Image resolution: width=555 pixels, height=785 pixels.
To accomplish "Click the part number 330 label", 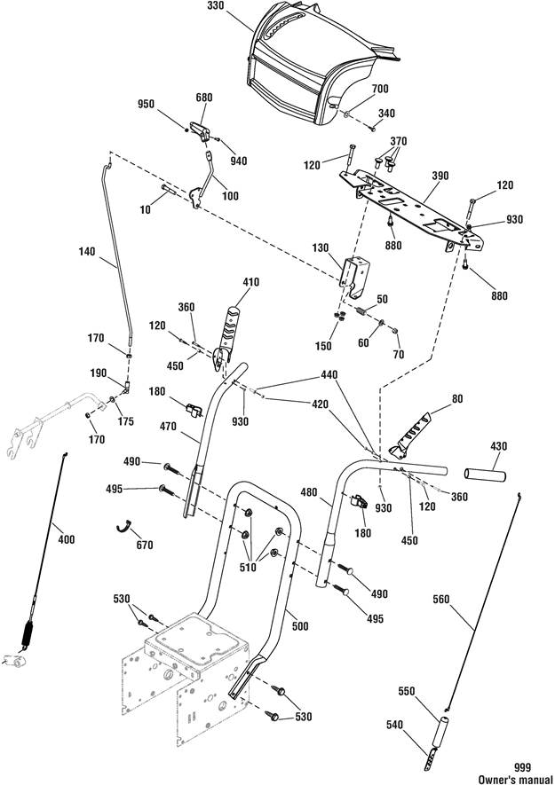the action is tap(215, 6).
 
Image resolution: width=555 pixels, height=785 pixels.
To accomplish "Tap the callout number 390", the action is tap(440, 176).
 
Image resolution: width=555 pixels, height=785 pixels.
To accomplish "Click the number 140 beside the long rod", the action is tap(87, 251).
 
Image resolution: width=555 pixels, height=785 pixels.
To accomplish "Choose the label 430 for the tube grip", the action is tap(498, 445).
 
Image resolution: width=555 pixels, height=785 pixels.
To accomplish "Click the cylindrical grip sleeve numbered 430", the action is tap(485, 474).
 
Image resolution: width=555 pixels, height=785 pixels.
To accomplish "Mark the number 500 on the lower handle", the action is tap(299, 626).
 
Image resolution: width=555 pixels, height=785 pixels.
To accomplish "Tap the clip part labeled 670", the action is tap(123, 526).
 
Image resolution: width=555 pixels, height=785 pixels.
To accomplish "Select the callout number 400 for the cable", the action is tap(67, 539).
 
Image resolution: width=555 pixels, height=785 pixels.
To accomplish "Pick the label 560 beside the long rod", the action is tap(441, 599).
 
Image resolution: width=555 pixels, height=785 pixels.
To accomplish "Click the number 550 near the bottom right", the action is tap(406, 691).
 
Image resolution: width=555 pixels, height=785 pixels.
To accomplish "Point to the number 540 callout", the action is tap(394, 725).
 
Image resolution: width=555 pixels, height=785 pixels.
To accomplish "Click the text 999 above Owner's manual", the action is tap(522, 767).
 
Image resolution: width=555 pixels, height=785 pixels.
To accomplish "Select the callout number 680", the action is tap(204, 97).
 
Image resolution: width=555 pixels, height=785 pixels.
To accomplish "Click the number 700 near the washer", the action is tap(380, 89).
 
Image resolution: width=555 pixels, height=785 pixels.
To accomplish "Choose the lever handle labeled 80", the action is tap(409, 435).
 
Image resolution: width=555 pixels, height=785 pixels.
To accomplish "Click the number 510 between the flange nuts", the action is tap(248, 567).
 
